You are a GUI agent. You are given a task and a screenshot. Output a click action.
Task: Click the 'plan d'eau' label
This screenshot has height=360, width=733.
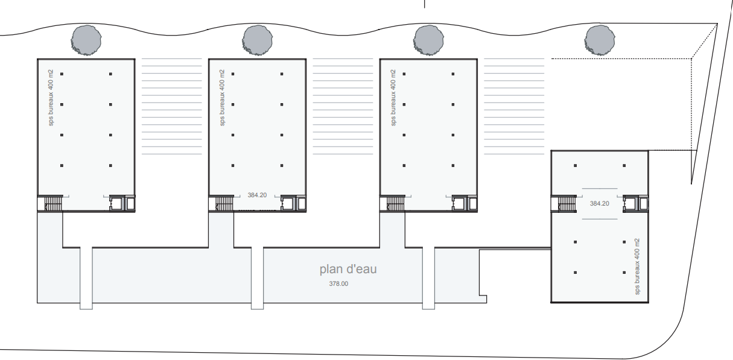tap(348, 269)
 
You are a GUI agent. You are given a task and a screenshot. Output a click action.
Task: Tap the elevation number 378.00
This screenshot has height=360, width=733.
tap(338, 284)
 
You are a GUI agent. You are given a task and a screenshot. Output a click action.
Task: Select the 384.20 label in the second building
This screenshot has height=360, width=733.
tap(257, 195)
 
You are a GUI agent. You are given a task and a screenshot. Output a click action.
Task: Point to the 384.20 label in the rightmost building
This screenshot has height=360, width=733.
tap(600, 203)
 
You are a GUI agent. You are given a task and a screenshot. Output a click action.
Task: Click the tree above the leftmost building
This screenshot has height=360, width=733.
tap(86, 40)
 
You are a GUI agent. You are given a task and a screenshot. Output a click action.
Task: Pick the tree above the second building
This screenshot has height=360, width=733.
tap(257, 40)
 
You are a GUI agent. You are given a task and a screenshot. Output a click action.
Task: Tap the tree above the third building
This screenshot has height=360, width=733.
tap(428, 40)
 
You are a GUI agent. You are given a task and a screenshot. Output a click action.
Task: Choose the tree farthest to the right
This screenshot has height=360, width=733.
tap(600, 40)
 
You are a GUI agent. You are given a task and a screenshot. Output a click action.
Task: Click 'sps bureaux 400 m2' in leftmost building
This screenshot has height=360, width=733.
tap(51, 98)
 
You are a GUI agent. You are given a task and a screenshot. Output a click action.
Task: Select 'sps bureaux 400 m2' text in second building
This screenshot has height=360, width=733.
tap(222, 98)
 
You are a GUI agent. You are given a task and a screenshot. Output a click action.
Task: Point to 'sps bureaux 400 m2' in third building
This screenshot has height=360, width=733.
tap(393, 98)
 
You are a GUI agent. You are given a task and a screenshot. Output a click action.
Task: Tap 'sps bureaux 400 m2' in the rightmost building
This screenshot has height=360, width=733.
tap(637, 267)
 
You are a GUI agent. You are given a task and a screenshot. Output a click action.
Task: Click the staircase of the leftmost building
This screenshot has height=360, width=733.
tap(53, 203)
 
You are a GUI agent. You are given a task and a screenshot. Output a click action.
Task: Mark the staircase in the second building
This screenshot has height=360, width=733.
tap(224, 203)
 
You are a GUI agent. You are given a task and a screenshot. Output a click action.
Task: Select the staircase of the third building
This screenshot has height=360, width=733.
tap(395, 203)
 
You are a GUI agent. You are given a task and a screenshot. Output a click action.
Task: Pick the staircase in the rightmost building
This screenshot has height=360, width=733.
tap(566, 203)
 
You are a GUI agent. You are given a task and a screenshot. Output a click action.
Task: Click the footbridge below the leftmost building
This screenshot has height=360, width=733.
tap(86, 278)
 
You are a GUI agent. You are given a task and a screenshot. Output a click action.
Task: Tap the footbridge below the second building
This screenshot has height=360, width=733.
tap(257, 278)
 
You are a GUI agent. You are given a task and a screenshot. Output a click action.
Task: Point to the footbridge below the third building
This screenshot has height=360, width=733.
tap(429, 278)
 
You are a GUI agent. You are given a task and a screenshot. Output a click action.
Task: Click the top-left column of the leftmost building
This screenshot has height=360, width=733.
tap(62, 74)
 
